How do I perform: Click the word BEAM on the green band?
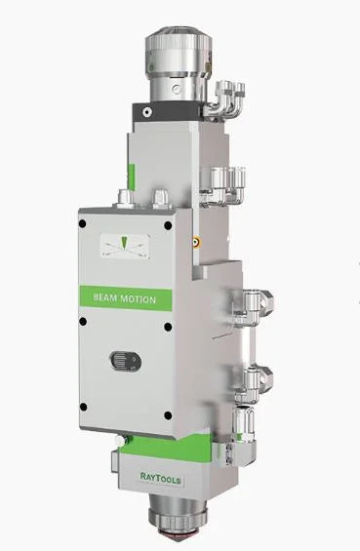click(x=105, y=297)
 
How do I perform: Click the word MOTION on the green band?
click(x=139, y=299)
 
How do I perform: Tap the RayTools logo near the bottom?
click(x=161, y=478)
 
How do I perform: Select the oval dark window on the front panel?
click(x=126, y=361)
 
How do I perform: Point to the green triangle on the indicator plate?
click(x=125, y=242)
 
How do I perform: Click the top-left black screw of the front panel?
click(x=83, y=223)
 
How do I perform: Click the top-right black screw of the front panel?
click(x=168, y=225)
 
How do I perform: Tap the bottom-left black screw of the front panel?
click(x=83, y=407)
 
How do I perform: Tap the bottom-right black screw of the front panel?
click(x=168, y=415)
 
